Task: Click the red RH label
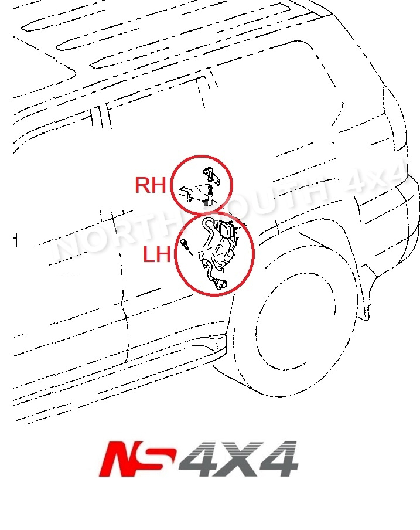click(x=151, y=185)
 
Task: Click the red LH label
click(x=156, y=255)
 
